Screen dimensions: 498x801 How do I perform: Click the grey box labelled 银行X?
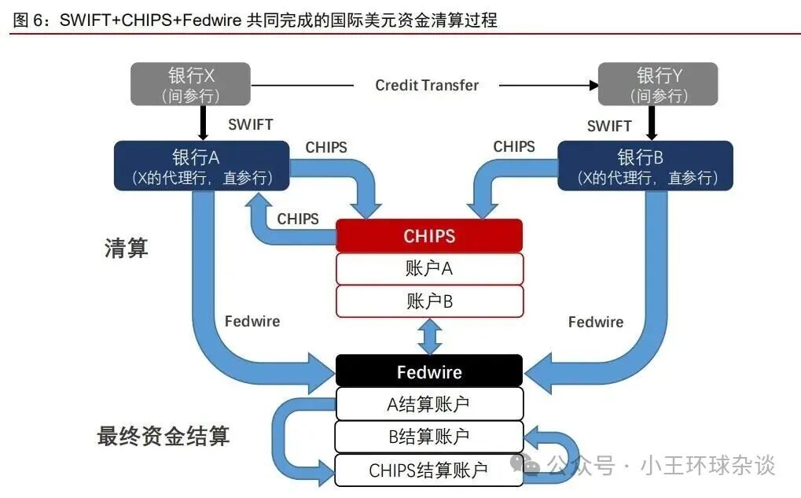pos(190,84)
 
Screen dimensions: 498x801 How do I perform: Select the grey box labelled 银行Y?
pos(658,84)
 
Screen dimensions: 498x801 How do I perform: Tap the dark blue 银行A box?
pos(201,166)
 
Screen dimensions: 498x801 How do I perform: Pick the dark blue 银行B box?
pos(645,166)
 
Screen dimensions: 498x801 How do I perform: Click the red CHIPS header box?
pos(429,236)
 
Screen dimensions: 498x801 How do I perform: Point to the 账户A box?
pos(429,268)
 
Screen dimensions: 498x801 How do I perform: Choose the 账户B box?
pos(429,301)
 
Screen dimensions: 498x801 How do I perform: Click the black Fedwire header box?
pos(429,371)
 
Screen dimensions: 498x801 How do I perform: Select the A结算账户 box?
pos(429,404)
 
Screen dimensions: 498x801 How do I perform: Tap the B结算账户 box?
pos(429,437)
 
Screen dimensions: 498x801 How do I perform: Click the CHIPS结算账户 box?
pos(429,470)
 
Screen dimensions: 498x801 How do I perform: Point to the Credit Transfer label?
pos(427,85)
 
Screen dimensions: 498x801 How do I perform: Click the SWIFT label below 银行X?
pos(250,124)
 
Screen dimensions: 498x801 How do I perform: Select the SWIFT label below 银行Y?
pos(609,126)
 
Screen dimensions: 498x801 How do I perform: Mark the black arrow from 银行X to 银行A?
pos(203,123)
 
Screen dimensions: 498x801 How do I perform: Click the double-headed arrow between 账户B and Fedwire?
pos(429,336)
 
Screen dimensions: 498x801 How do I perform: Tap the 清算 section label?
pos(127,249)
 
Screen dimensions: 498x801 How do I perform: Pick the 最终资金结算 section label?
pos(164,436)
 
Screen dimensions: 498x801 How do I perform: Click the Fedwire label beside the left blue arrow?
pos(252,321)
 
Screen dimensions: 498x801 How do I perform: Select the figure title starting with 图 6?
pos(255,20)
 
